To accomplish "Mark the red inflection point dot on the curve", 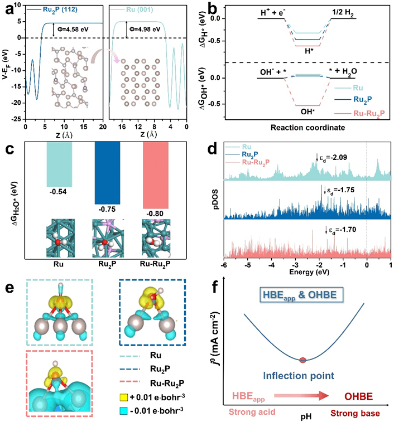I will tap(302, 359).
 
